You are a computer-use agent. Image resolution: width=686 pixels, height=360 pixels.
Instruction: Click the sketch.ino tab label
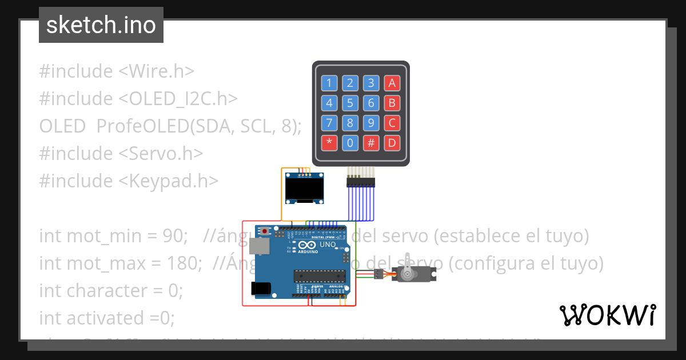pos(101,25)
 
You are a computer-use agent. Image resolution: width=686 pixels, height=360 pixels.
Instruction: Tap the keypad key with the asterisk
pos(329,142)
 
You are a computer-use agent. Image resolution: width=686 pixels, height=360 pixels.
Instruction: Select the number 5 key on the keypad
pos(350,103)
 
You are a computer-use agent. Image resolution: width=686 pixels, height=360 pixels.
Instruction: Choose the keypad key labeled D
pos(392,142)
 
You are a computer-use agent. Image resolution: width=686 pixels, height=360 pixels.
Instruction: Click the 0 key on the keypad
pos(350,142)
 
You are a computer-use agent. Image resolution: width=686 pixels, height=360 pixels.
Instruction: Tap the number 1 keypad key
pos(329,83)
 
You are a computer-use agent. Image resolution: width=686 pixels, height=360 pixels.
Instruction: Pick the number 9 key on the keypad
pos(371,123)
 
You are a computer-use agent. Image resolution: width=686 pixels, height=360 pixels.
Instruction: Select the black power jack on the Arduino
pos(261,289)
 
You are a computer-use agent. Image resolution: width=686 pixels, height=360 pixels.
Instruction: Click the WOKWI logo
pos(607,315)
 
